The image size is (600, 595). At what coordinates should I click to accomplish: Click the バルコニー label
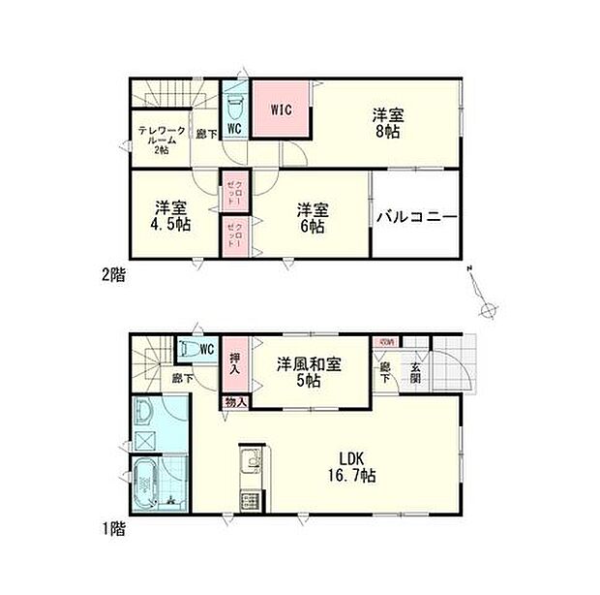tap(415, 216)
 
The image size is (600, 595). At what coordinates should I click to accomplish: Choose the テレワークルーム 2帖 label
tap(156, 140)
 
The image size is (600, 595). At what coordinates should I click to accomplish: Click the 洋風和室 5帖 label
tap(310, 370)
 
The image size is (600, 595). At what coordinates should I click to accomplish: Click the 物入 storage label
tap(235, 401)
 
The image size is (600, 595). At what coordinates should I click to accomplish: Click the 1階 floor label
tap(112, 529)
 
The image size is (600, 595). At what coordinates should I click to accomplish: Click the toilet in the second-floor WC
tap(234, 104)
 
